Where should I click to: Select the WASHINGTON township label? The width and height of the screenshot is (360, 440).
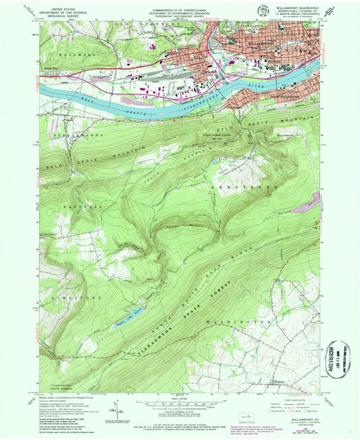click(233, 323)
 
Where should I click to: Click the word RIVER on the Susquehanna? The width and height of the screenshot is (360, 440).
click(257, 87)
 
